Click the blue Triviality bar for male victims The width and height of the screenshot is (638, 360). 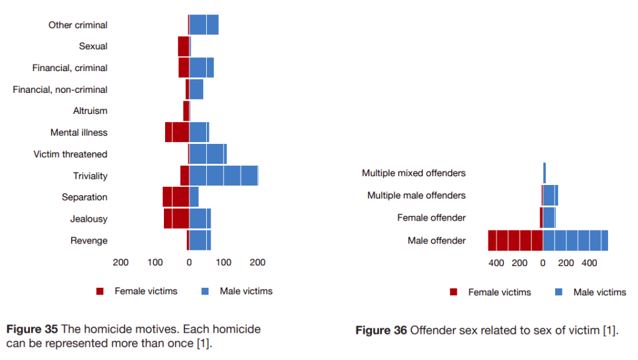(223, 176)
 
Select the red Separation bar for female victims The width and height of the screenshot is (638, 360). (176, 197)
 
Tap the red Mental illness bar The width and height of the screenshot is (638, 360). (177, 133)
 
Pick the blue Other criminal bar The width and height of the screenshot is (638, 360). (204, 25)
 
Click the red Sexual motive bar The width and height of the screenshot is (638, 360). (183, 46)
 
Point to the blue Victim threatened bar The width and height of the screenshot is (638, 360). (207, 154)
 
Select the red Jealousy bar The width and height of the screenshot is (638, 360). (176, 219)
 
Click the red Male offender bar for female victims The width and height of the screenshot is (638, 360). (515, 240)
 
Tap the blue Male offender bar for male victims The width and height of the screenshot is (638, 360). (575, 240)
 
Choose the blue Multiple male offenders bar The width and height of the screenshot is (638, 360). (550, 196)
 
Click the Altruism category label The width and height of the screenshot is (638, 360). (90, 111)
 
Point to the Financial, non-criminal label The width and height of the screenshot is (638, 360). (60, 90)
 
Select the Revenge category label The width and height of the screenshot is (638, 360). (88, 240)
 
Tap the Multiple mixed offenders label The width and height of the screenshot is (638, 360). (414, 173)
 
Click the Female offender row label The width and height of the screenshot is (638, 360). (431, 218)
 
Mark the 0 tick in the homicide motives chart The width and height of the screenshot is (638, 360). (189, 262)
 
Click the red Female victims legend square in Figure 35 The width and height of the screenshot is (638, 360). (100, 291)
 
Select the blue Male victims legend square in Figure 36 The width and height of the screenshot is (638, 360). (559, 292)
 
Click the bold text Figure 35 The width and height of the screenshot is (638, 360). (32, 329)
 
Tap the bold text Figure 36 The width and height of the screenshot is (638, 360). (381, 330)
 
